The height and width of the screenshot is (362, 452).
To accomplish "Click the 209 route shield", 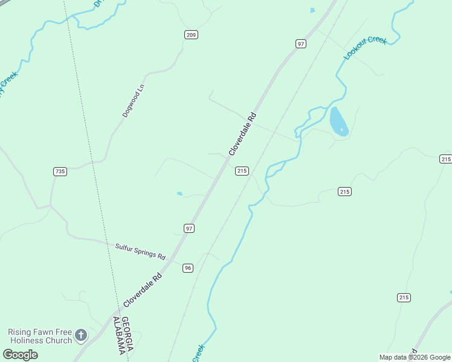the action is tap(191, 34).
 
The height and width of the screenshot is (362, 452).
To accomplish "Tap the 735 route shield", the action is tap(60, 171).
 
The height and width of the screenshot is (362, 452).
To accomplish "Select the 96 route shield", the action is tap(188, 268).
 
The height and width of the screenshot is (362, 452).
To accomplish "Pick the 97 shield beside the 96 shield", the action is tap(189, 228).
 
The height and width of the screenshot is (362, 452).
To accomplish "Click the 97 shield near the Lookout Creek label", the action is tap(301, 43).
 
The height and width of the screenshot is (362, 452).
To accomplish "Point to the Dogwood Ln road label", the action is tap(134, 101).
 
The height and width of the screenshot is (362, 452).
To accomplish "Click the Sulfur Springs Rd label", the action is tap(140, 251).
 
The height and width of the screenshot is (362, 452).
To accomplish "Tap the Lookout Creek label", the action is tap(365, 48).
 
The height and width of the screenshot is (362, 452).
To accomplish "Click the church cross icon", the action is tap(81, 335).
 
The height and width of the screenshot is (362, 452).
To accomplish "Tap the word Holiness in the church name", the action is tap(24, 340).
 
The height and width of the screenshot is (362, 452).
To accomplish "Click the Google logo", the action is tap(20, 355).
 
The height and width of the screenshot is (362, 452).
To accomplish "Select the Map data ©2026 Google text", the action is tap(414, 357).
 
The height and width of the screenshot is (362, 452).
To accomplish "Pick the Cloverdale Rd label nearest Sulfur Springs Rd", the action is tap(143, 290).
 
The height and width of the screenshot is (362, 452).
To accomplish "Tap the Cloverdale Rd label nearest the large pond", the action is tap(243, 134).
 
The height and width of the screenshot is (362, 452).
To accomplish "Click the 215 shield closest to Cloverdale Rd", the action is tap(242, 171).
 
